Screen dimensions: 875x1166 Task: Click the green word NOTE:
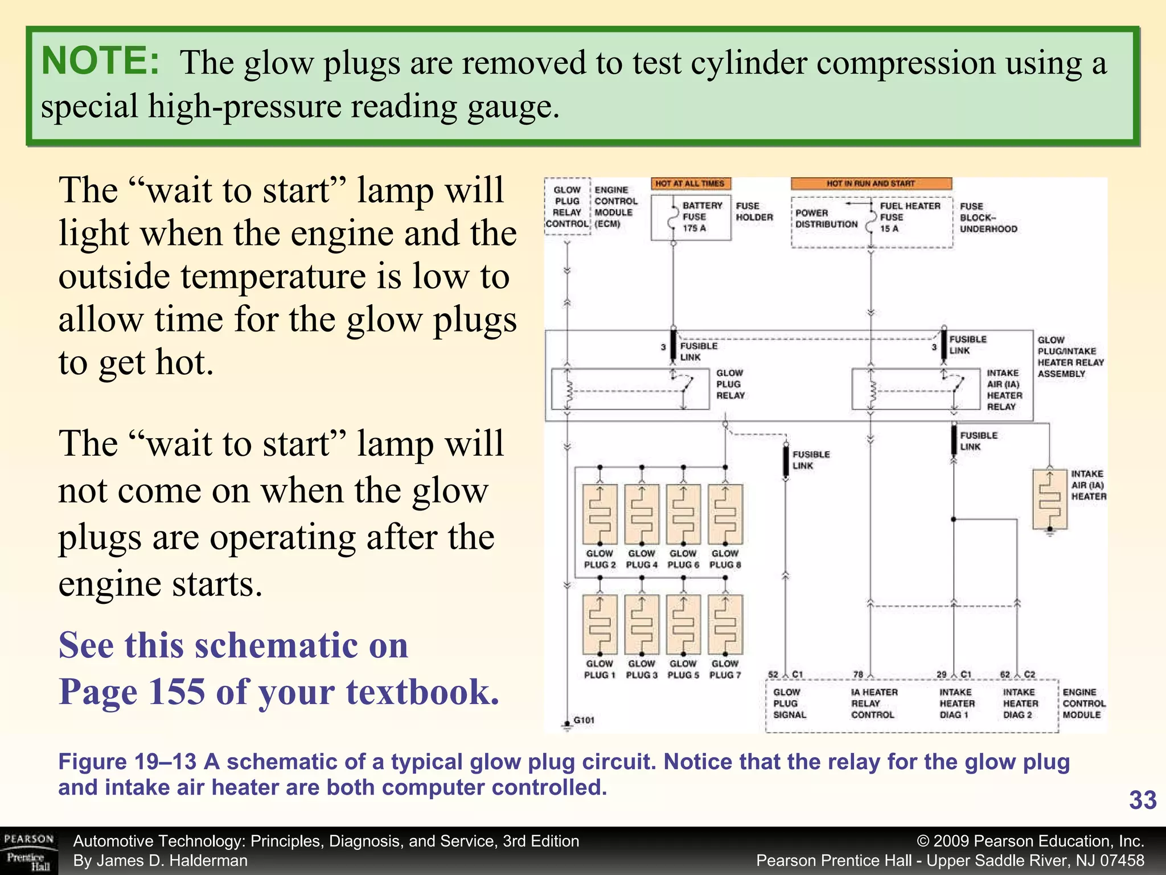click(x=100, y=60)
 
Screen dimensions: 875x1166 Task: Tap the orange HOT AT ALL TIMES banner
click(x=690, y=183)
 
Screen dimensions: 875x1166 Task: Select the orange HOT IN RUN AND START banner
click(x=871, y=183)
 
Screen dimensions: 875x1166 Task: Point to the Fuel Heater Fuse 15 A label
click(x=909, y=217)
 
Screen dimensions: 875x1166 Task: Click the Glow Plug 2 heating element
click(x=600, y=514)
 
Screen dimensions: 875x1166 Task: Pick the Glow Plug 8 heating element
click(x=725, y=514)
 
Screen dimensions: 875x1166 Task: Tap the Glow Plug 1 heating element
click(x=600, y=625)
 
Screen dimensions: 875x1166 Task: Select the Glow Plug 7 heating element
click(x=725, y=625)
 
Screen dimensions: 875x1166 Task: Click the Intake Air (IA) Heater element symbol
click(x=1050, y=499)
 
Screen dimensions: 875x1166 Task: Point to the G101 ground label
click(x=584, y=721)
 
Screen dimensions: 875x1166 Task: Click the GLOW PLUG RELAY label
click(x=730, y=385)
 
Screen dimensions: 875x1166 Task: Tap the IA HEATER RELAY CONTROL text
click(x=873, y=704)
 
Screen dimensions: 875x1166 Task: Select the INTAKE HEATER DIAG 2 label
click(x=1020, y=704)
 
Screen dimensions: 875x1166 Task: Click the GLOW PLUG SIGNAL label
click(x=789, y=704)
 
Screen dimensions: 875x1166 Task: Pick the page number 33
click(x=1142, y=800)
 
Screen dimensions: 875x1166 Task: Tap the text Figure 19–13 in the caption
click(x=127, y=762)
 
